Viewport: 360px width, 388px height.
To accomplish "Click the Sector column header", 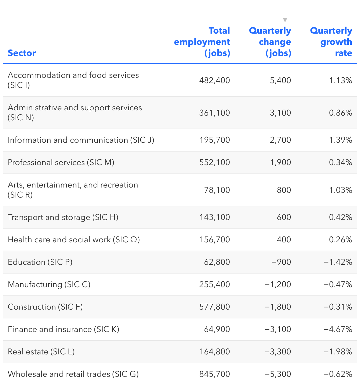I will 22,53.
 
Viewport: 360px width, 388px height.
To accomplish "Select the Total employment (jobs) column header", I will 202,42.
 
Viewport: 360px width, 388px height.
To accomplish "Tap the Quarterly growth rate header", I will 331,42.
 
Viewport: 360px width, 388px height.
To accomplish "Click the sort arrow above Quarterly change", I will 285,20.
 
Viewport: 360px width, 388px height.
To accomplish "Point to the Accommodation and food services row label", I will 73,80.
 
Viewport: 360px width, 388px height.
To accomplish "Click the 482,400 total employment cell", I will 215,80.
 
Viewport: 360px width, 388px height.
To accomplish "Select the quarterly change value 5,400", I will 280,80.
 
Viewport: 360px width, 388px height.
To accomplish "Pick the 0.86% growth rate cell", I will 341,113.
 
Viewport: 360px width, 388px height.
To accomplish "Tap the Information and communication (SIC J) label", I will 81,140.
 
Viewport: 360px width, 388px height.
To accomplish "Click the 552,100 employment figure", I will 215,162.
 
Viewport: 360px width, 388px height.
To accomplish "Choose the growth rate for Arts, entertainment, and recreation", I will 341,190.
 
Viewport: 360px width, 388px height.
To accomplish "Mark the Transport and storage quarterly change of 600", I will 284,217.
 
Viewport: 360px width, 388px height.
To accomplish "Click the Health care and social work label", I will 74,239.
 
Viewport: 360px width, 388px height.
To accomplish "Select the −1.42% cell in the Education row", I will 338,262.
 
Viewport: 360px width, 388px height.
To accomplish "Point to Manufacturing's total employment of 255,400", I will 215,284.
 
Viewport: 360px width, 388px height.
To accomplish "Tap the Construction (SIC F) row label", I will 45,307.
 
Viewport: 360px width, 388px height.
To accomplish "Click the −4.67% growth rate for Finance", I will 338,329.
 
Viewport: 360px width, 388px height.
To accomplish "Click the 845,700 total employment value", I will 215,374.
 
